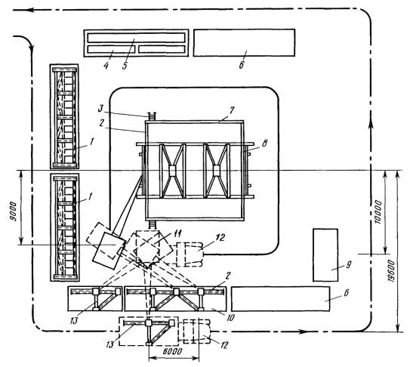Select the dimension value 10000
pyautogui.click(x=378, y=211)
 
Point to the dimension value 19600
pyautogui.click(x=391, y=271)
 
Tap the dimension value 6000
pyautogui.click(x=172, y=351)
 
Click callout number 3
pyautogui.click(x=101, y=109)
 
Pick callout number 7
pyautogui.click(x=232, y=109)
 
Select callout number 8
pyautogui.click(x=264, y=143)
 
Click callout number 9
pyautogui.click(x=348, y=265)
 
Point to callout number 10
pyautogui.click(x=230, y=317)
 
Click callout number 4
pyautogui.click(x=106, y=66)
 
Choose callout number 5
pyautogui.click(x=125, y=66)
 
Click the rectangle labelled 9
pyautogui.click(x=325, y=255)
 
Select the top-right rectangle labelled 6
pyautogui.click(x=244, y=42)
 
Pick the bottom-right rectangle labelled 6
pyautogui.click(x=281, y=299)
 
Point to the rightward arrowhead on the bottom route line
pyautogui.click(x=302, y=332)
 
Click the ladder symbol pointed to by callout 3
pyautogui.click(x=153, y=116)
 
